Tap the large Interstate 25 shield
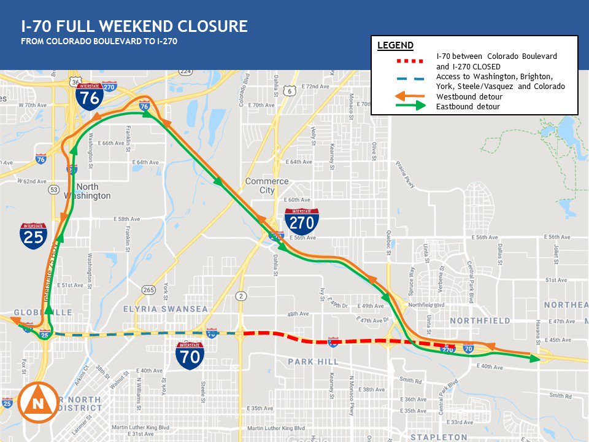tap(33, 236)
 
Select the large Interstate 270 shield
tap(301, 220)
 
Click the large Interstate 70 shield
tap(190, 355)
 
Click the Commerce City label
tap(267, 186)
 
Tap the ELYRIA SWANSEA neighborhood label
tap(166, 309)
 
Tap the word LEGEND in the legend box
tap(395, 45)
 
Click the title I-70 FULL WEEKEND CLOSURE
tap(134, 26)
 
